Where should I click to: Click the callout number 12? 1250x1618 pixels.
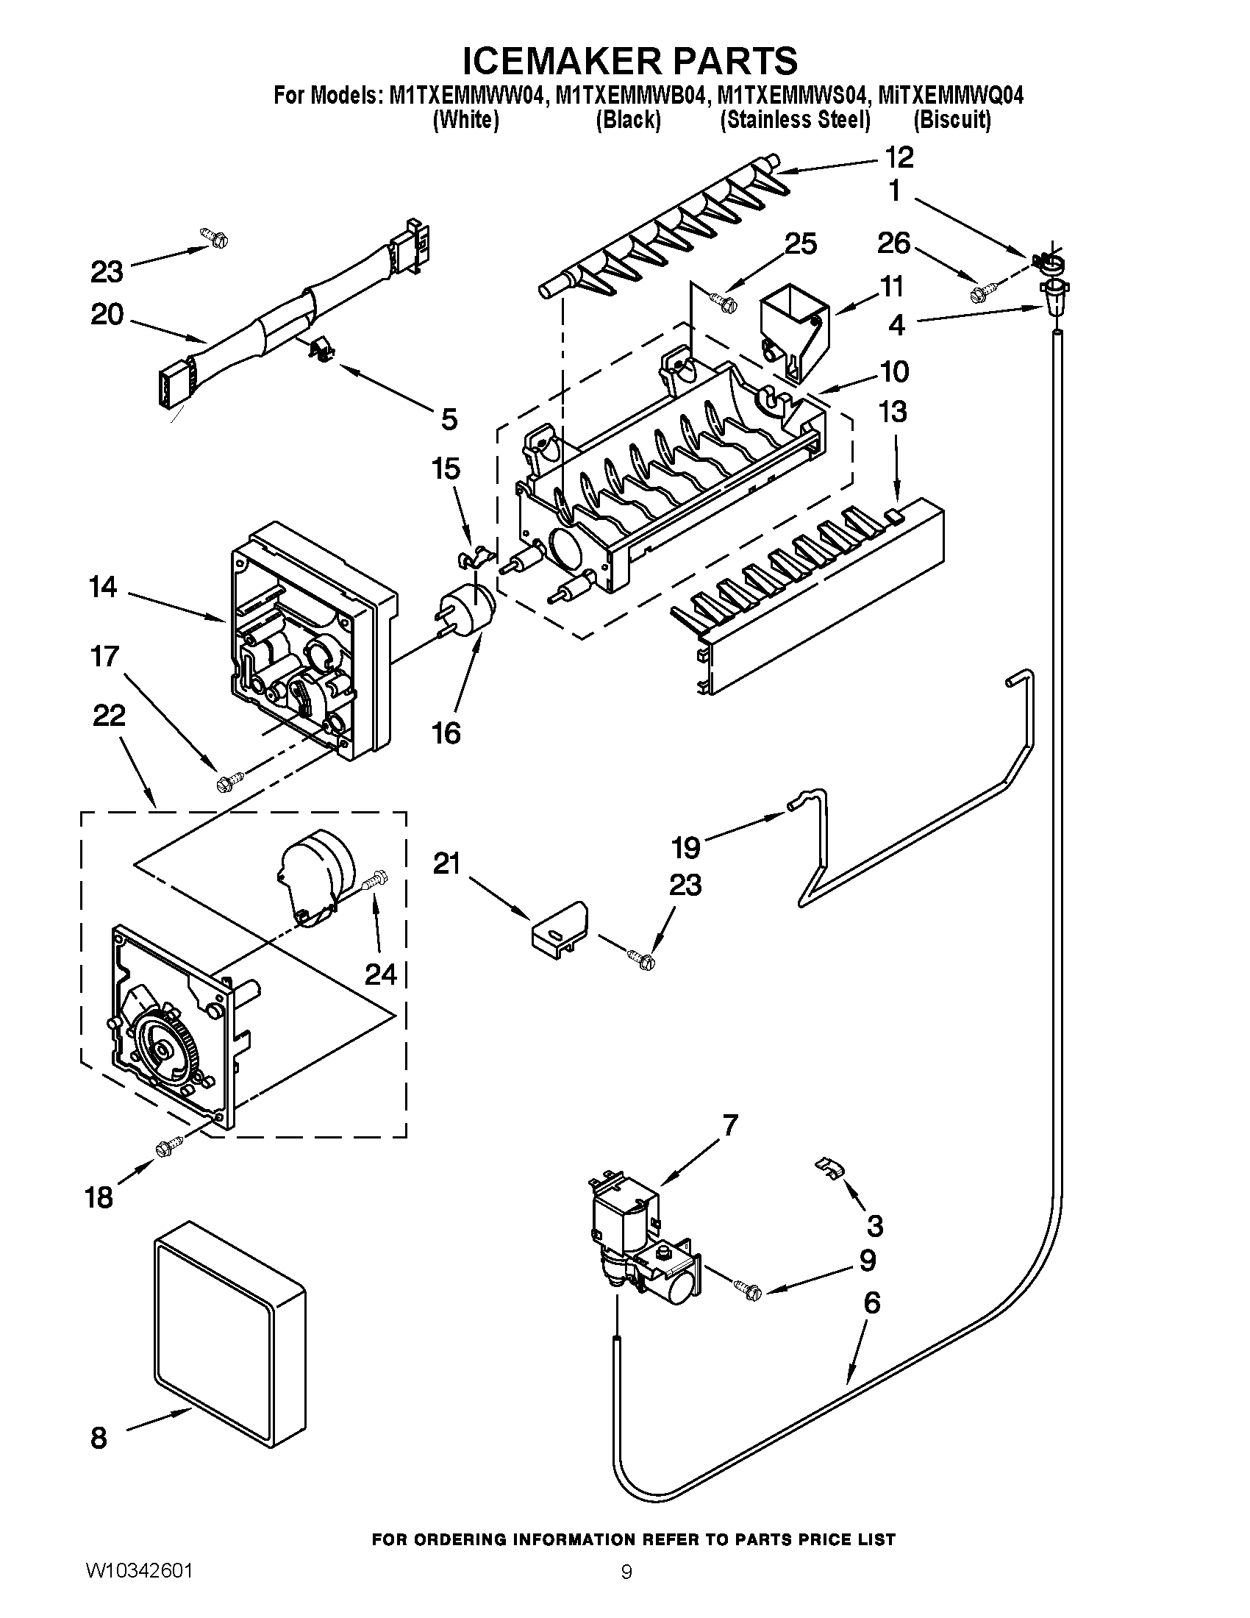click(x=899, y=158)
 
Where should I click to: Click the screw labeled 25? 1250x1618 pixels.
click(x=722, y=299)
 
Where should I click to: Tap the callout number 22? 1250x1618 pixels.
click(x=108, y=716)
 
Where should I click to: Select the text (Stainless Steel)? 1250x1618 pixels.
click(x=795, y=119)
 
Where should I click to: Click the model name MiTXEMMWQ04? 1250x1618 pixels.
click(x=950, y=96)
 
